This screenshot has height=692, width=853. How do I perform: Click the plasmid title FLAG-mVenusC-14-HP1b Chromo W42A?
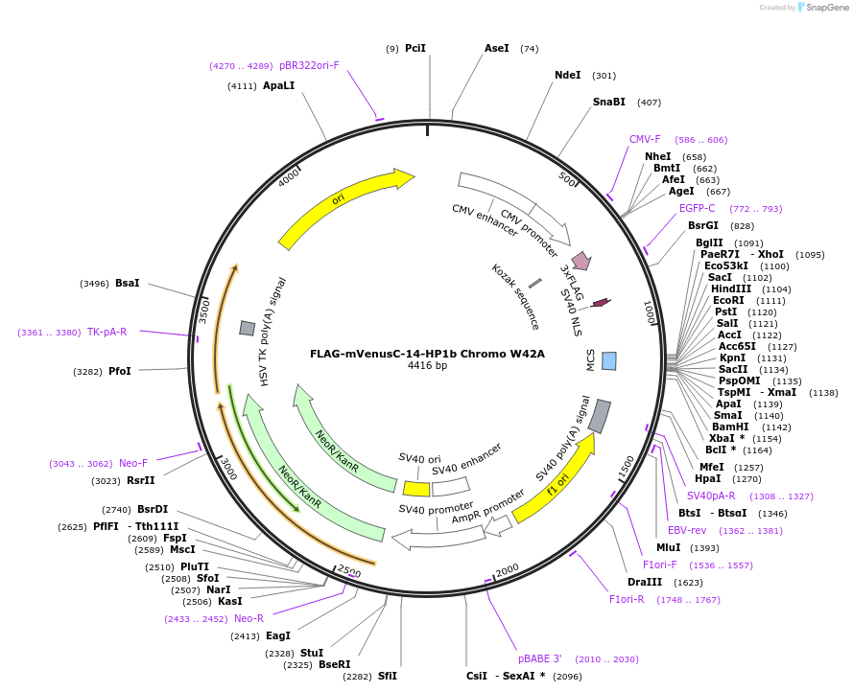(427, 353)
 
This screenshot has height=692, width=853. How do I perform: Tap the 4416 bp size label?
(427, 365)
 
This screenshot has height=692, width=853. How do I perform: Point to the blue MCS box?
(609, 360)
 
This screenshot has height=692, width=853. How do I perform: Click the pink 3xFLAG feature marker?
(581, 261)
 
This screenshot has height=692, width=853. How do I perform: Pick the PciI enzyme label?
(415, 48)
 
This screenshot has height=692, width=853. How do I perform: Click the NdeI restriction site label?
(567, 75)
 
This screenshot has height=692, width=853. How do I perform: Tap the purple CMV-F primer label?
(645, 139)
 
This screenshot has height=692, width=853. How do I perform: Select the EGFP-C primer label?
(697, 208)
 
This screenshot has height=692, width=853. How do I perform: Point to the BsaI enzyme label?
(128, 283)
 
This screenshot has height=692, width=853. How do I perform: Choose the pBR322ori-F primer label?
(309, 65)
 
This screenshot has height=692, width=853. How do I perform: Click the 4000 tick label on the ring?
(289, 179)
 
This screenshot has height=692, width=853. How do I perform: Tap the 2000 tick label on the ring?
(508, 570)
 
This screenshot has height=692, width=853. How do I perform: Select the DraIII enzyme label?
(645, 582)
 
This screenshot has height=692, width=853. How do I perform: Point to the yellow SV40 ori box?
(416, 489)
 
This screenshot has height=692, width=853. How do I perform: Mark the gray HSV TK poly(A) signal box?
(247, 328)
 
